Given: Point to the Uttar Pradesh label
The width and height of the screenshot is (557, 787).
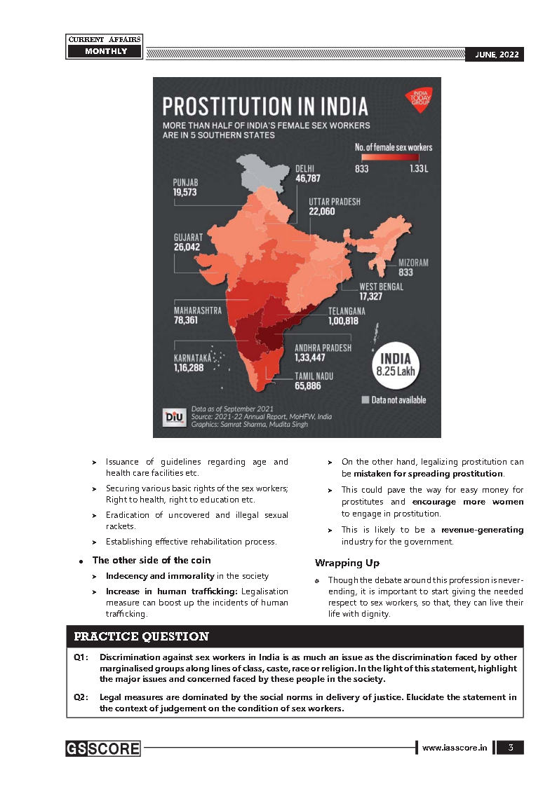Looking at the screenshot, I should tap(335, 201).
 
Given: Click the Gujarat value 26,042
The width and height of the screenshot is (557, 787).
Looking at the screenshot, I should tap(188, 247).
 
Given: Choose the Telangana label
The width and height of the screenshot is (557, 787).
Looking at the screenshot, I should tap(347, 310).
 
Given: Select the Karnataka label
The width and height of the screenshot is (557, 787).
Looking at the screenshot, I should tap(192, 357).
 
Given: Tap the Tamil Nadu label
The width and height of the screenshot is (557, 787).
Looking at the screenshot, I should tap(314, 376).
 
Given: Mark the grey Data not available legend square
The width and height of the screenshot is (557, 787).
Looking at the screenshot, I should tap(365, 400).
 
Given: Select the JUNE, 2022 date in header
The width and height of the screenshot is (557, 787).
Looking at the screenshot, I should tap(495, 55).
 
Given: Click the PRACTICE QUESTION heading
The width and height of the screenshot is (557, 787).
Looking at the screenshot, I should tap(142, 637).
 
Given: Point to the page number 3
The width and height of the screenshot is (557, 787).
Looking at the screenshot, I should tap(511, 748).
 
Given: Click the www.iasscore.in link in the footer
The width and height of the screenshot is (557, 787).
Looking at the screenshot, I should tap(455, 748).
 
